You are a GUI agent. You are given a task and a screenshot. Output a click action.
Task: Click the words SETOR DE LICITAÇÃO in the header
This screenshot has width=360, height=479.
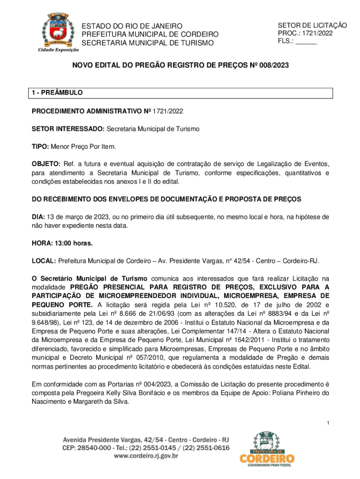coord(312,25)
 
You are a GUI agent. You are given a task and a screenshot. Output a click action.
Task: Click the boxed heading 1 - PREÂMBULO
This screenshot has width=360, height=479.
coord(57,93)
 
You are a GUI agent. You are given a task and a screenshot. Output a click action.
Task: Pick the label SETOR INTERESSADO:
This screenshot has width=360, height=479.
coord(68,129)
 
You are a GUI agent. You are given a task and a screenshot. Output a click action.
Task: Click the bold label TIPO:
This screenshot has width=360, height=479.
coord(40,146)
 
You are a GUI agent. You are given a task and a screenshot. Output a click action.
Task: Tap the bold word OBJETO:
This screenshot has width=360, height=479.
coord(46,164)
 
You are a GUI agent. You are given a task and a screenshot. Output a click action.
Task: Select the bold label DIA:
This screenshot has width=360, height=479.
coord(38,217)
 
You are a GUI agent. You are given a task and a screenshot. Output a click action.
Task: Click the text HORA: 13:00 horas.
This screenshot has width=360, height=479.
coord(62,243)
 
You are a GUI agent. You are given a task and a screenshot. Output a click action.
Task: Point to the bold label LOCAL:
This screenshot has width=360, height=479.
coord(43,261)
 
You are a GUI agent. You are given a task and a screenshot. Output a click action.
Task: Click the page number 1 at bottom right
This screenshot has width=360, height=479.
coord(329,423)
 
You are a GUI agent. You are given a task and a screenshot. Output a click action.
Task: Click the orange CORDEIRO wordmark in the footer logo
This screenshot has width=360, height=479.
coord(267,457)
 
